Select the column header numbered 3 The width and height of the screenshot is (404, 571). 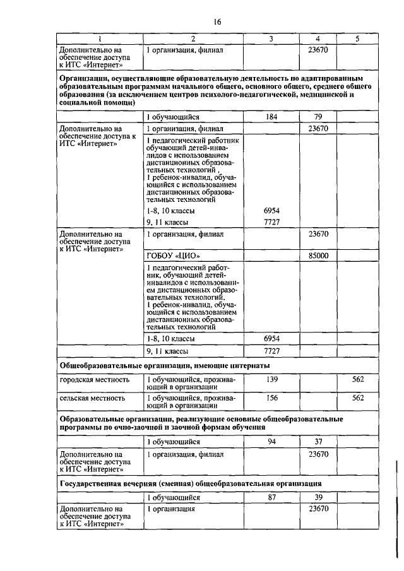[271, 38]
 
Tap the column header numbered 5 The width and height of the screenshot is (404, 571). [357, 38]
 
